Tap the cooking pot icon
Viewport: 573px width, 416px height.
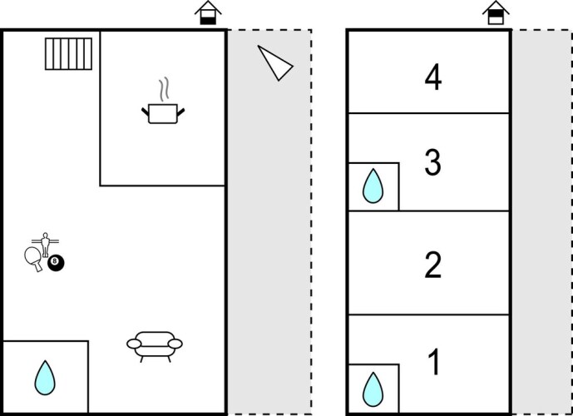point(164,112)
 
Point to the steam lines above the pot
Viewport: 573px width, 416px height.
point(165,89)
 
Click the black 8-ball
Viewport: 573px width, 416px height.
point(56,263)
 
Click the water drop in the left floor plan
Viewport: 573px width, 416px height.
point(45,379)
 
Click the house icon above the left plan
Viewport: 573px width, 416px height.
point(208,13)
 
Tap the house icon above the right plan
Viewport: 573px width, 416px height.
point(496,13)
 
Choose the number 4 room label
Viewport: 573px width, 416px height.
point(432,78)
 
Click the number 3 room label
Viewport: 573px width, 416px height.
point(432,163)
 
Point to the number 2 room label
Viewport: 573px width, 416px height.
point(432,265)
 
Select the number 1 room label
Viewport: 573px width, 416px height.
point(432,363)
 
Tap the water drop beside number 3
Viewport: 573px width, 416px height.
point(373,187)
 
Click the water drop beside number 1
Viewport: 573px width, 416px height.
point(373,389)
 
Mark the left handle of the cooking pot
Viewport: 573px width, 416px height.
point(146,110)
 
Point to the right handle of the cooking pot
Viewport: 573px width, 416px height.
point(181,110)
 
